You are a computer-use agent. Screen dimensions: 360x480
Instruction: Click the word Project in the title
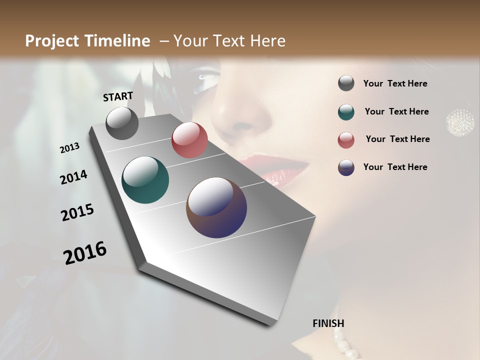point(52,41)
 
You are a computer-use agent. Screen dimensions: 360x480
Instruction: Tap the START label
point(118,96)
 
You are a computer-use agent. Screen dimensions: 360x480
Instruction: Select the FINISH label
point(328,323)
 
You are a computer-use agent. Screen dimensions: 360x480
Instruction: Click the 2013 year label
point(70,148)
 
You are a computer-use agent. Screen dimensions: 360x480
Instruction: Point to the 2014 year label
point(73,177)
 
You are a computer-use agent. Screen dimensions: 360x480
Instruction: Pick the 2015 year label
point(77,212)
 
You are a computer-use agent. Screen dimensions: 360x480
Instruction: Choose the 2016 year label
point(85,252)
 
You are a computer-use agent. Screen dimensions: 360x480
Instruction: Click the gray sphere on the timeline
point(122,123)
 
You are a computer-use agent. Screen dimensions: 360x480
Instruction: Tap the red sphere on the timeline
point(189,140)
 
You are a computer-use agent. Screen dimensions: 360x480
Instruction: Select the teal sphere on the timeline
point(145,180)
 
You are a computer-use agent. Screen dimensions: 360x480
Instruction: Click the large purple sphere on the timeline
point(216,207)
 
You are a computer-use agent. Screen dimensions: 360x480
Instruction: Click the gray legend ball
point(346,83)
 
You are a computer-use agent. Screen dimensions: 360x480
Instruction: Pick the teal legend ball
point(346,112)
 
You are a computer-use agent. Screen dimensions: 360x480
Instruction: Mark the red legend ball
point(346,140)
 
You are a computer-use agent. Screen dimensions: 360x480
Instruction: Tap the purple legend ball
point(346,167)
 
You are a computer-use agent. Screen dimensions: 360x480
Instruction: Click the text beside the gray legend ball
point(395,83)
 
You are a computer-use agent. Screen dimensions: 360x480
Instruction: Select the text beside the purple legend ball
point(395,167)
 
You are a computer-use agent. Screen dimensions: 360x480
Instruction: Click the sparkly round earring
point(460,120)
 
